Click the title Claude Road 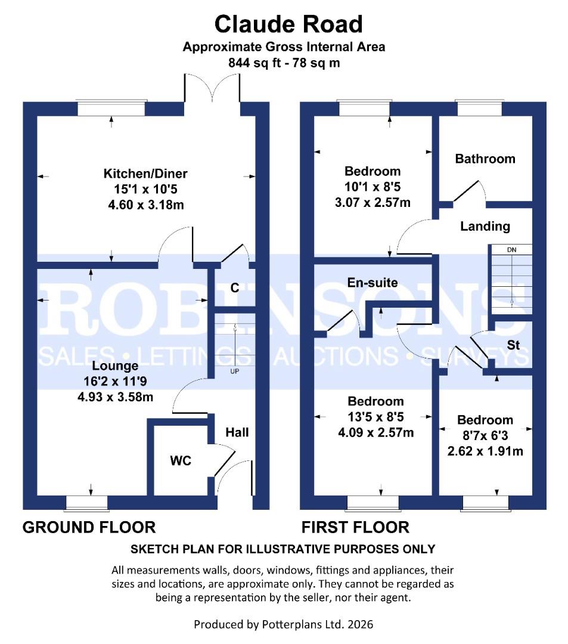tap(288, 24)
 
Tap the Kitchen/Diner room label tap(145, 174)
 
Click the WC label tap(181, 460)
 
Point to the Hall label tap(237, 432)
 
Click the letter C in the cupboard tap(235, 288)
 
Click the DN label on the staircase tap(511, 250)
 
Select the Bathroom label tap(485, 159)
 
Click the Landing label tap(485, 226)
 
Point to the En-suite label tap(373, 283)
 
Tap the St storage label tap(514, 345)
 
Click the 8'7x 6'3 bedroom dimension tap(485, 436)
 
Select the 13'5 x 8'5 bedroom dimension tap(375, 417)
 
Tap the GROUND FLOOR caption tap(89, 527)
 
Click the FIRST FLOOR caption tap(355, 527)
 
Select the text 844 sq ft tap(250, 63)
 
